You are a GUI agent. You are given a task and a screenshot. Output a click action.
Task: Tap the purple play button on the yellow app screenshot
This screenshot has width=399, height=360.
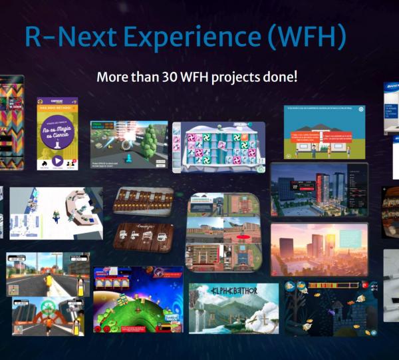(x=57, y=160)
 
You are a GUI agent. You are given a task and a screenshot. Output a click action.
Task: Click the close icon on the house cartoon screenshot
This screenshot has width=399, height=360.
(x=361, y=109)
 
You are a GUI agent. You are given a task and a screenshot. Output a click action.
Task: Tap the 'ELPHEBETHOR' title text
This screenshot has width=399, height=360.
(x=234, y=291)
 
